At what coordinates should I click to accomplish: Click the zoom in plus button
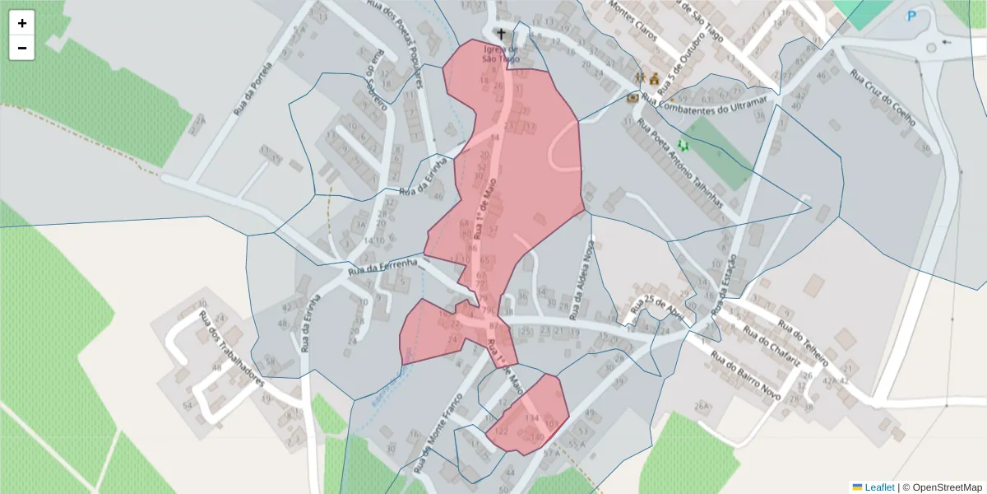(x=22, y=23)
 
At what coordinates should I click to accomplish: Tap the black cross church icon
(x=501, y=35)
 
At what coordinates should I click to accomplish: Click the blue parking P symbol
(x=911, y=16)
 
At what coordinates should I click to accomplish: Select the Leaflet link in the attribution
(x=878, y=487)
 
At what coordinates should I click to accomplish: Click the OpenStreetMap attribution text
(x=943, y=487)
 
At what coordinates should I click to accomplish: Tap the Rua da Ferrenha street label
(x=383, y=267)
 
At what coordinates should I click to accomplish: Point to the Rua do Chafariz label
(x=772, y=347)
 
